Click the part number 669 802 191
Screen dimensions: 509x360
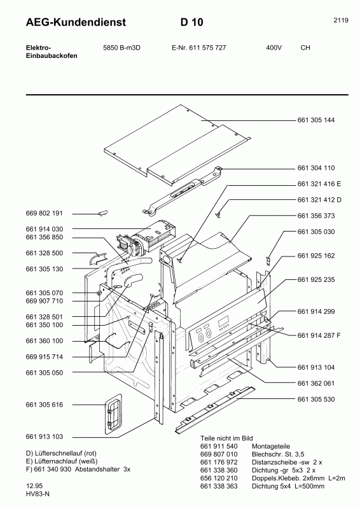click(45, 214)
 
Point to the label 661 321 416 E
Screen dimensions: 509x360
click(319, 184)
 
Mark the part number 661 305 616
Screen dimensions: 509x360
click(45, 405)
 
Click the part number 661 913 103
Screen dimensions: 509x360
click(45, 437)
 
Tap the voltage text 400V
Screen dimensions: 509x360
click(274, 48)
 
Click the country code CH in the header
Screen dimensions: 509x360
click(305, 48)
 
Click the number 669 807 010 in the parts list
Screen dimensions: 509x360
click(218, 454)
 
